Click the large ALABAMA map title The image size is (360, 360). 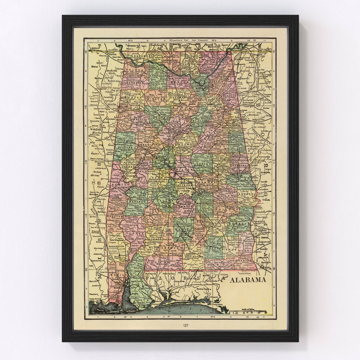(x=248, y=280)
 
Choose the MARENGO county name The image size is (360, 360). (x=136, y=202)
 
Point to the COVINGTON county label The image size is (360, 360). (x=193, y=257)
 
